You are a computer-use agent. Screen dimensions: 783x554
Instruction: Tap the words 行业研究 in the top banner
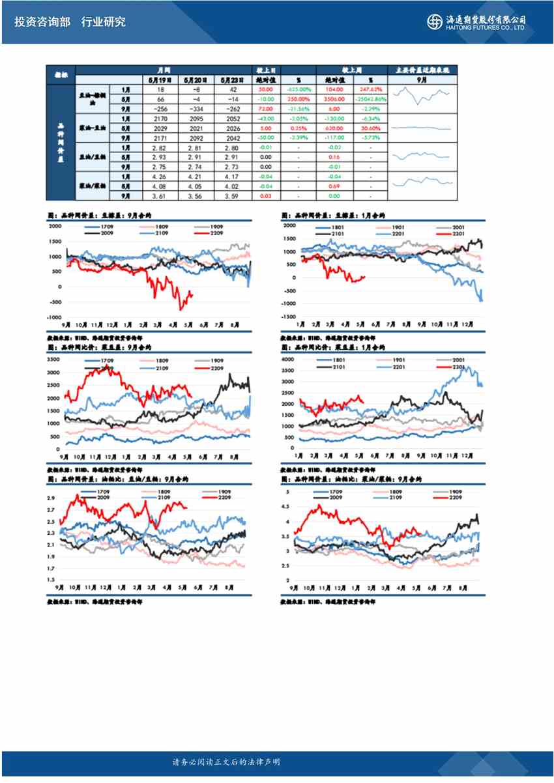click(104, 21)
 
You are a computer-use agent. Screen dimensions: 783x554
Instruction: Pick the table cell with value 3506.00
click(336, 98)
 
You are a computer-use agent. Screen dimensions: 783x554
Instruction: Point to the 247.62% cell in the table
click(370, 89)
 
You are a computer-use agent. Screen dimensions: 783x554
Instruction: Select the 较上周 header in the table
click(353, 70)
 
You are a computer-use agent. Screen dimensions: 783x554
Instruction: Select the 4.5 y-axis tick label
click(285, 506)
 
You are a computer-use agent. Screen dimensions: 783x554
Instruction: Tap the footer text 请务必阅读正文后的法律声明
click(226, 762)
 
